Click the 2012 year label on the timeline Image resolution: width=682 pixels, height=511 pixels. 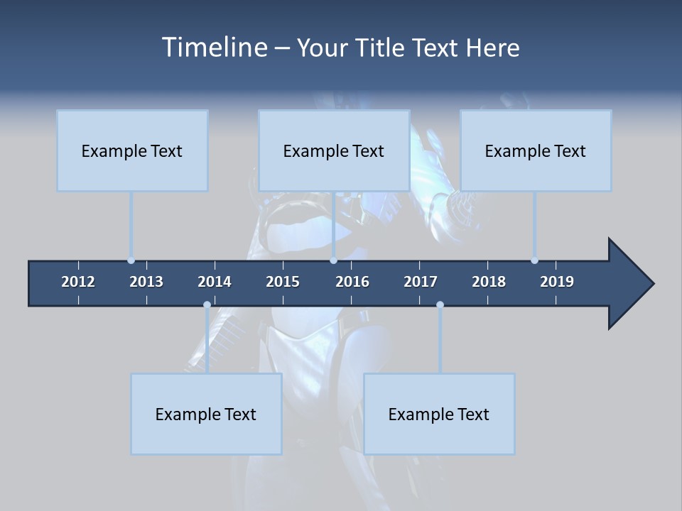pyautogui.click(x=78, y=282)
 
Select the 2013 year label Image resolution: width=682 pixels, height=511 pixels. pyautogui.click(x=146, y=282)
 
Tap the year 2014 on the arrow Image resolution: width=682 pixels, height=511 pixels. pyautogui.click(x=215, y=282)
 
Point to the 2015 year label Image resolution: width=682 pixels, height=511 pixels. pyautogui.click(x=283, y=282)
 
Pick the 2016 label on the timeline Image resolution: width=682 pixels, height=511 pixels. pyautogui.click(x=352, y=282)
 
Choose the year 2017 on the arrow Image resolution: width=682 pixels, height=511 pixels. pyautogui.click(x=421, y=282)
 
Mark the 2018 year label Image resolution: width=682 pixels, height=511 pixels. pyautogui.click(x=489, y=282)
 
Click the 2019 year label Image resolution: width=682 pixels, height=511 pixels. pyautogui.click(x=557, y=282)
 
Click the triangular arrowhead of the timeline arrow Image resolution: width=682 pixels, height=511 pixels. pyautogui.click(x=629, y=284)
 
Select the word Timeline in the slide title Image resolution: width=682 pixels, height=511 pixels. pyautogui.click(x=213, y=48)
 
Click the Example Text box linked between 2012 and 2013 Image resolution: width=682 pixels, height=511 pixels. pyautogui.click(x=132, y=150)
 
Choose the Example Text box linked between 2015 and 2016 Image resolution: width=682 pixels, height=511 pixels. pyautogui.click(x=334, y=150)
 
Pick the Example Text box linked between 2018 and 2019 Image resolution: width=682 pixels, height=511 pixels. pyautogui.click(x=536, y=150)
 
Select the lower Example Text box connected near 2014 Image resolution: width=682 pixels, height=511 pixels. pyautogui.click(x=206, y=414)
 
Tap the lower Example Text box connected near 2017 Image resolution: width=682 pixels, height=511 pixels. pyautogui.click(x=439, y=414)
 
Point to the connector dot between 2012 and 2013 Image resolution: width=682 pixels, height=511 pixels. pyautogui.click(x=131, y=260)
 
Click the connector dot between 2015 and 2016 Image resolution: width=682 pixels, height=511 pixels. pyautogui.click(x=334, y=260)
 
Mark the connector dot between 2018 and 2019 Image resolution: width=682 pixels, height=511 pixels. pyautogui.click(x=535, y=260)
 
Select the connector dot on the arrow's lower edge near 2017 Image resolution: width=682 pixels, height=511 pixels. pyautogui.click(x=440, y=305)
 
